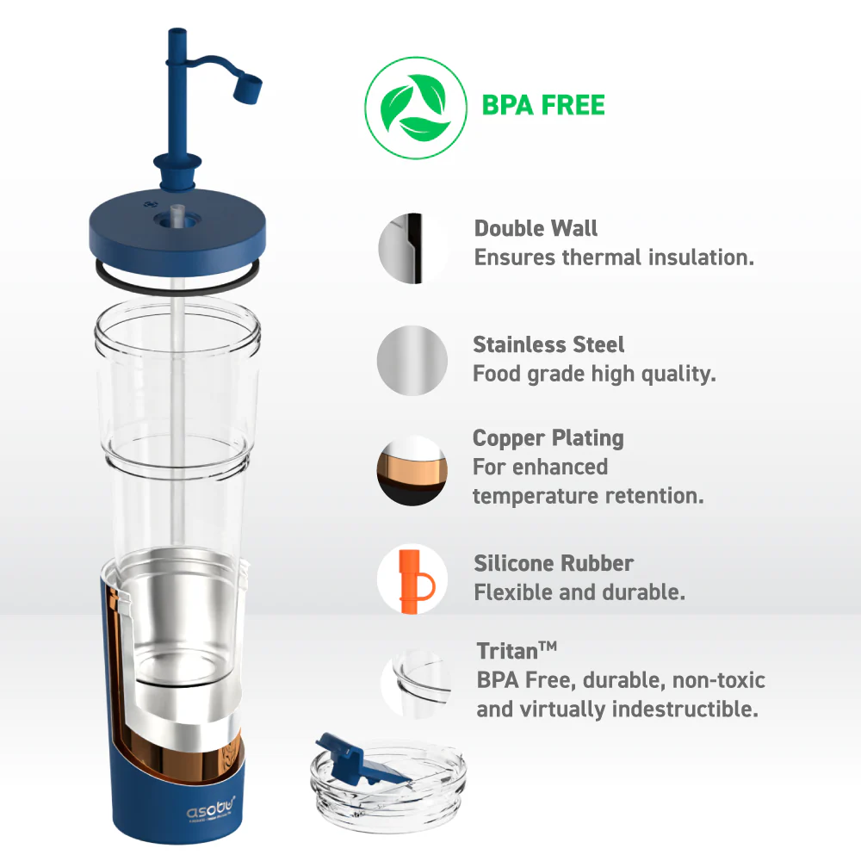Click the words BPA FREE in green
[543, 106]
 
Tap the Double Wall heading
[536, 229]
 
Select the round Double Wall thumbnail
[412, 248]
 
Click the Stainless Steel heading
[548, 345]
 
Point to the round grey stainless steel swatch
[412, 361]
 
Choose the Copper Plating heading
[548, 438]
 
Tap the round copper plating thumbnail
[412, 469]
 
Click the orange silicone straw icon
[412, 580]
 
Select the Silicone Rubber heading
[554, 564]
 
